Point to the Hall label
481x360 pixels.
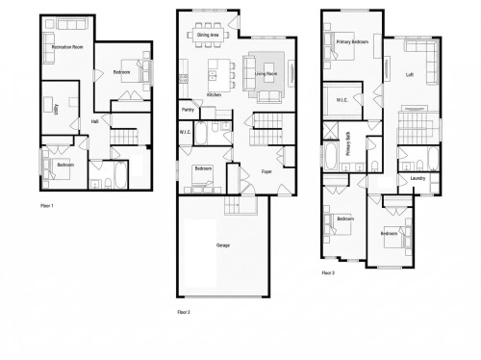94,122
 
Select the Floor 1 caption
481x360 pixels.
47,206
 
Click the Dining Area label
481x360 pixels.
208,35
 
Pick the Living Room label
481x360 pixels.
266,71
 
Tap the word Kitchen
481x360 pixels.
214,95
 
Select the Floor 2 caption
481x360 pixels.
184,313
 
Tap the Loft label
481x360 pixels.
410,74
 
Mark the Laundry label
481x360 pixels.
417,178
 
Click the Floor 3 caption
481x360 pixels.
329,272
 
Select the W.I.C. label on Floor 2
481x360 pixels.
187,133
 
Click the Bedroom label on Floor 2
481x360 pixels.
203,169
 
